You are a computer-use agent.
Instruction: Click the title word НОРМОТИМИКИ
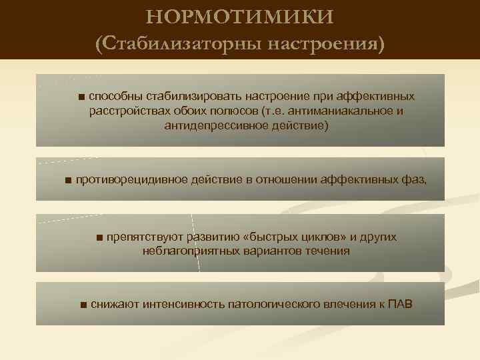[239, 16]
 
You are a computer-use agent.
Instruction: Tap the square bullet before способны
[81, 97]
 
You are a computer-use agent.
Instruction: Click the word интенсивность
[182, 305]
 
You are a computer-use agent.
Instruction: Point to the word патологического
[273, 305]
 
